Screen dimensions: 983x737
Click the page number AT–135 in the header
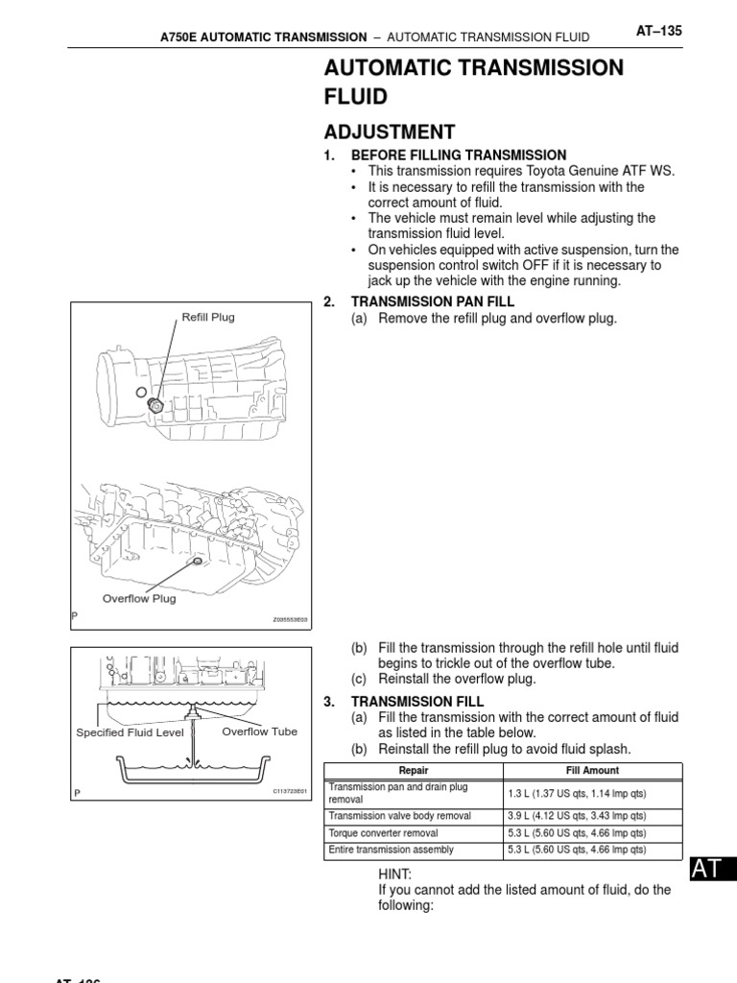tap(658, 32)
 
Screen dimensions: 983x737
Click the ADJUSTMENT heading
tap(390, 132)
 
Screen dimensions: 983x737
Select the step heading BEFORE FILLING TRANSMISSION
tap(459, 156)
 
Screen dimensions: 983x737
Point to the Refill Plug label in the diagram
tap(208, 317)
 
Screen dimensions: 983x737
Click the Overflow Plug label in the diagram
tap(139, 598)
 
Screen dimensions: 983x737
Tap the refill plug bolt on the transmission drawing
tap(155, 406)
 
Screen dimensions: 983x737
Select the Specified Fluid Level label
tap(130, 732)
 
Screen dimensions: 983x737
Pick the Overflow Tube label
tap(259, 731)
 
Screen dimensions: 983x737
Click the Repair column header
tap(413, 771)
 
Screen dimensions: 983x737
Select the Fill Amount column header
tap(593, 771)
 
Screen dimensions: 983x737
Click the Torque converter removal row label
tap(393, 833)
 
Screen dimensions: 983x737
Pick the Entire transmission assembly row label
tap(392, 851)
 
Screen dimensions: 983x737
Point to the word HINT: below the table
tap(395, 875)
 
